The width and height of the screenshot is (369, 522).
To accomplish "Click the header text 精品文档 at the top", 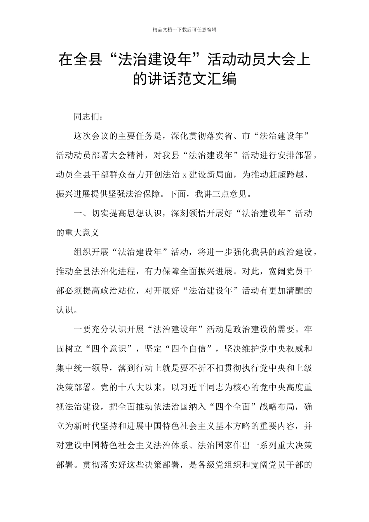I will (x=162, y=30).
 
